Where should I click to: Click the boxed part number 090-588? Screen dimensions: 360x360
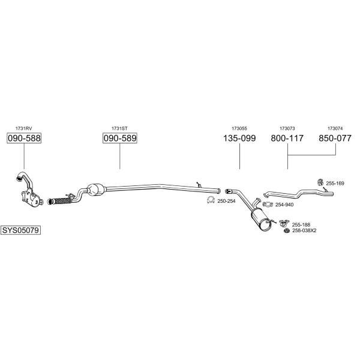24,138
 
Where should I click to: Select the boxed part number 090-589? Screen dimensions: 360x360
120,138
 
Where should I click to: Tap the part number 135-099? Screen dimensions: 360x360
239,138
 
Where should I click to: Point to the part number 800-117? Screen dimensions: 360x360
287,138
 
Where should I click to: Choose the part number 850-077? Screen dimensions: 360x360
335,138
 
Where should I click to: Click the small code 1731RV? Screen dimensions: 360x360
23,128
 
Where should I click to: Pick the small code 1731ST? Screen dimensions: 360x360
119,128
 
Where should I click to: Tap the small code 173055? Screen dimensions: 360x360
239,128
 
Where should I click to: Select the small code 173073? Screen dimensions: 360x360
287,128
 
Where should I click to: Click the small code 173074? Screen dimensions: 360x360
335,128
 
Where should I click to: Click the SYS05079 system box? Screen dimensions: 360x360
20,230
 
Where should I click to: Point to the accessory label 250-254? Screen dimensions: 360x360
226,201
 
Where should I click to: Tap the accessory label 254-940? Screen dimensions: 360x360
284,205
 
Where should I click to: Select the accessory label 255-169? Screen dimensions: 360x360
335,183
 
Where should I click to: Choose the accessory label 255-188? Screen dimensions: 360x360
301,224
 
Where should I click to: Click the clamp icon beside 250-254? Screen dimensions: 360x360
211,200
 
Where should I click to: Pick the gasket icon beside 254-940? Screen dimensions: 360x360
268,204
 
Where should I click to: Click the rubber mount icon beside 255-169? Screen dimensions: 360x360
320,182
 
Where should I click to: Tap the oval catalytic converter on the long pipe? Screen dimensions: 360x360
96,190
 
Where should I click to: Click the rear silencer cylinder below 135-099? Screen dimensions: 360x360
261,221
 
